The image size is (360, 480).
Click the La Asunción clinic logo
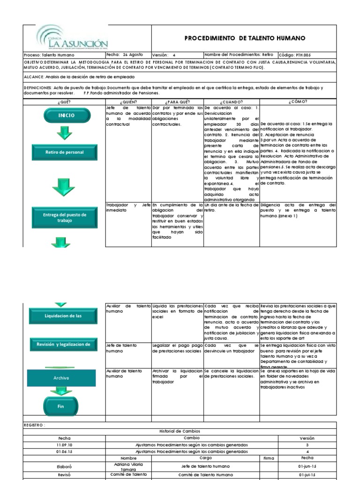point(72,39)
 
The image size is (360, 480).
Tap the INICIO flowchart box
point(66,115)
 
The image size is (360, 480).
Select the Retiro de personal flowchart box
point(65,152)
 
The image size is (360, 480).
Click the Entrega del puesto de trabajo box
point(65,217)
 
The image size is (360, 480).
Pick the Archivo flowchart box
point(61,378)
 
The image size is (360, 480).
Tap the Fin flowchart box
point(60,406)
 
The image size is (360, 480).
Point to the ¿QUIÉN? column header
point(128,101)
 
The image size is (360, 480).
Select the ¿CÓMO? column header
point(298,101)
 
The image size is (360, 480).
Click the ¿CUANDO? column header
point(231,101)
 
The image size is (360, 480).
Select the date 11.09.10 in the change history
point(64,445)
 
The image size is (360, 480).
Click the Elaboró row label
point(64,467)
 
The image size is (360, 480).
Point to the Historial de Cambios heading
point(180,431)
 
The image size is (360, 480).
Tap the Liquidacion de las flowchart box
point(64,316)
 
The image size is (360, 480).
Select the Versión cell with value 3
point(307,445)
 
